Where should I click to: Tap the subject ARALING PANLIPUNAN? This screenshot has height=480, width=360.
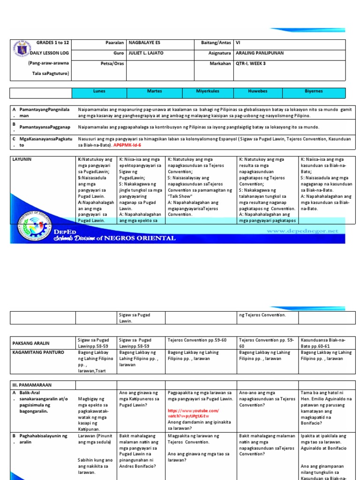point(259,53)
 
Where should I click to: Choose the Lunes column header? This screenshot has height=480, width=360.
point(99,91)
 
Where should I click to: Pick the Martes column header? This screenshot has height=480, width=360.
point(154,91)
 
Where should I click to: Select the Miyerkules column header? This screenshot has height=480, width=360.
point(208,91)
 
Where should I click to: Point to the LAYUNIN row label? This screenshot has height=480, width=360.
point(22,160)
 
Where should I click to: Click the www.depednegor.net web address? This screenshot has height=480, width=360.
point(302,231)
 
